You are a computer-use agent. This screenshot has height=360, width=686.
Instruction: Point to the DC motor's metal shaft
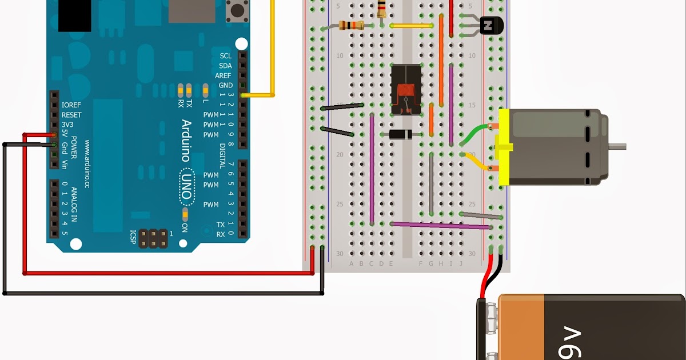[617, 147]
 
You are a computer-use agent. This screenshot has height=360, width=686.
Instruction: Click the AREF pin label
[224, 75]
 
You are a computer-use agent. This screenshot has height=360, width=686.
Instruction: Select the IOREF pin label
[71, 105]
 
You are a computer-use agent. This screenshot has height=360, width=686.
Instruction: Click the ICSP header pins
[153, 239]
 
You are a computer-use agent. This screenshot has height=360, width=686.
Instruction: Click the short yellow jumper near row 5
[411, 26]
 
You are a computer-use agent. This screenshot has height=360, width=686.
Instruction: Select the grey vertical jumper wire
[431, 183]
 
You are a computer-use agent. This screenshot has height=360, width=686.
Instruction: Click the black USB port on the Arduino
[75, 15]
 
